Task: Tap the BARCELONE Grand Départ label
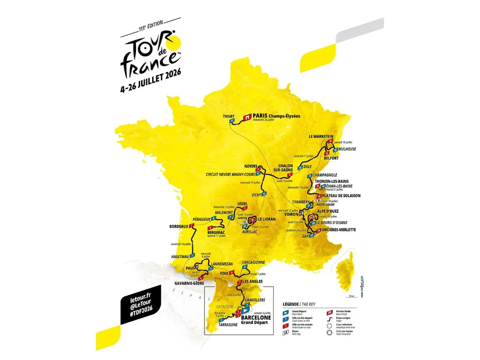pyautogui.click(x=256, y=319)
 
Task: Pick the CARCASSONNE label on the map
pyautogui.click(x=254, y=262)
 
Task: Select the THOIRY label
pyautogui.click(x=228, y=116)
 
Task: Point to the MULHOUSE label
pyautogui.click(x=346, y=149)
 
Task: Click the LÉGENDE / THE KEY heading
pyautogui.click(x=299, y=304)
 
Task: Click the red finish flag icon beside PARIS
pyautogui.click(x=247, y=118)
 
